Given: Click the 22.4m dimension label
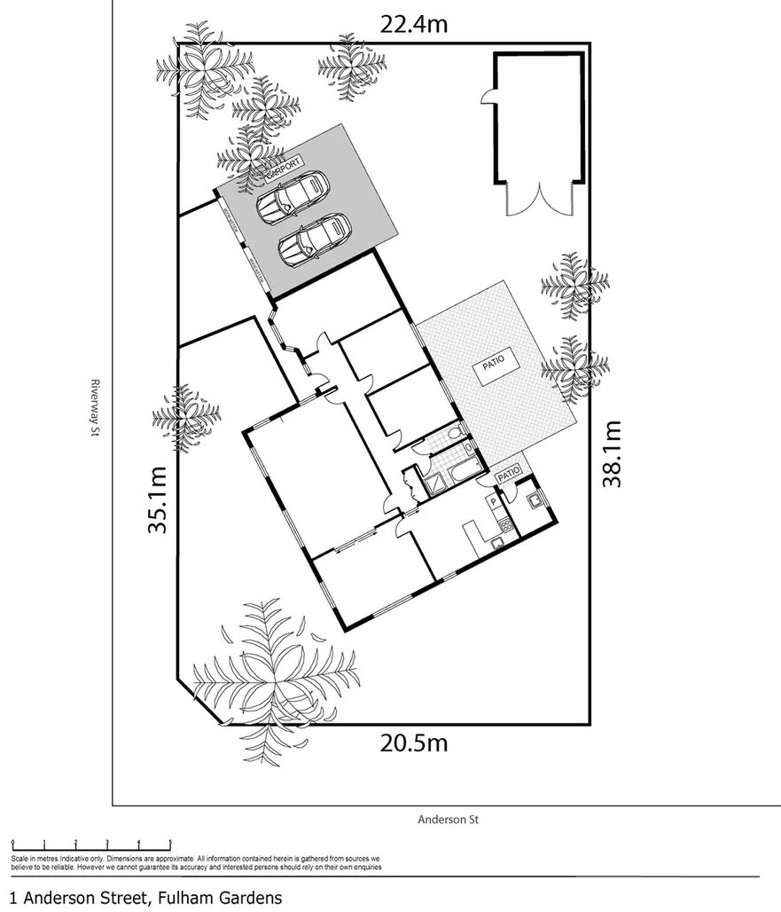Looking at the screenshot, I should tap(414, 23).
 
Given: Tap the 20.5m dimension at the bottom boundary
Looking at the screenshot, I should tap(414, 742).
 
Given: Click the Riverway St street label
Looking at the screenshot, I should tap(93, 409).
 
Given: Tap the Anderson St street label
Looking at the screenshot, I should tap(448, 820).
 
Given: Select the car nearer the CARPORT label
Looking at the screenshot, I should tap(293, 200).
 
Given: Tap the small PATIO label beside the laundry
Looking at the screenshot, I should tap(508, 476).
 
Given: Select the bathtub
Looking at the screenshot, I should tap(463, 469).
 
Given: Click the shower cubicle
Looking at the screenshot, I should tap(434, 484).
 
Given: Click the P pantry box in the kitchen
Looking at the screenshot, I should tap(492, 502).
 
